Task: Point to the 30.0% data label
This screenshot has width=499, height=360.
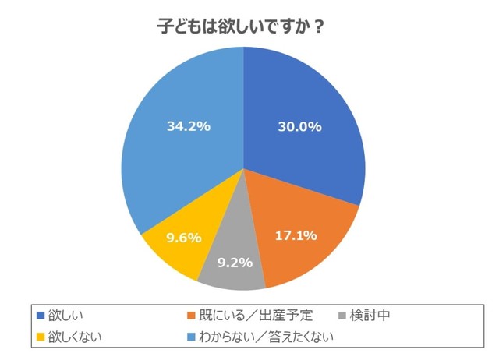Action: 299,127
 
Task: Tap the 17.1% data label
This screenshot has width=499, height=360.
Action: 296,235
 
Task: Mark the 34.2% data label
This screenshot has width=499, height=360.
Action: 189,125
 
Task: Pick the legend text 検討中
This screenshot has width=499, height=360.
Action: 370,316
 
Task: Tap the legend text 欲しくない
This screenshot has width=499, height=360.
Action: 76,337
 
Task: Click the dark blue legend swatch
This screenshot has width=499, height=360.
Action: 41,316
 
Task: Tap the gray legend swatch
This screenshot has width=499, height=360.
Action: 342,316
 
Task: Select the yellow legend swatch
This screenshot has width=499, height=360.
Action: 41,337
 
